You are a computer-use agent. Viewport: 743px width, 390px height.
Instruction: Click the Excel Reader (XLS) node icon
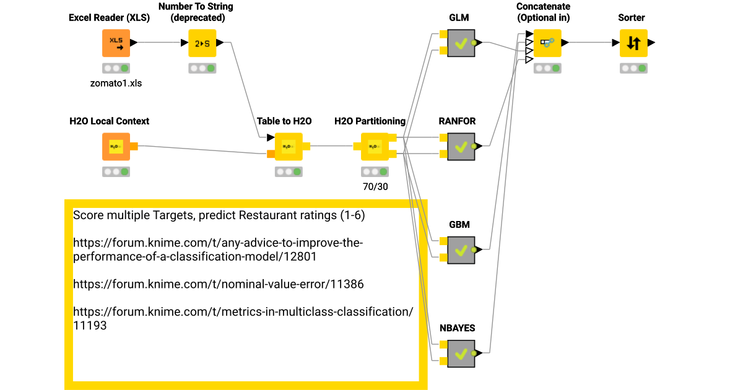(116, 43)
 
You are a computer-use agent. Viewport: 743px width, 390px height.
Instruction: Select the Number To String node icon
(202, 43)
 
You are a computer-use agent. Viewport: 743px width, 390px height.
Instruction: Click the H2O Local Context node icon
(116, 147)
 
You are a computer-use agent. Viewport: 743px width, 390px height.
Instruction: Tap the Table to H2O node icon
(289, 147)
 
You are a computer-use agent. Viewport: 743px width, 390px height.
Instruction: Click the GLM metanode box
(461, 43)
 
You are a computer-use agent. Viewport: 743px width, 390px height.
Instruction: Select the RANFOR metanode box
(461, 147)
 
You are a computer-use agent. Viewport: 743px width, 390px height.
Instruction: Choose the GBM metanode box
(461, 250)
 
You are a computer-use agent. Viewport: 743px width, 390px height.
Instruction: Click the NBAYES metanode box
(461, 353)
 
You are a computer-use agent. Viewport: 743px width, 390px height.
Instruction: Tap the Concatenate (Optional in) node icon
(547, 43)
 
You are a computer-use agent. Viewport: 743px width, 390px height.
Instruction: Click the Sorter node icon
(633, 43)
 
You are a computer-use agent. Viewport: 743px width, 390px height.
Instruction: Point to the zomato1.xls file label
(116, 82)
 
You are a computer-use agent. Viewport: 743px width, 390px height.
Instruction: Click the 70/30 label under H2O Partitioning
(375, 186)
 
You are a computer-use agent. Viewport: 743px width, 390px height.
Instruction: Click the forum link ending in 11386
(218, 284)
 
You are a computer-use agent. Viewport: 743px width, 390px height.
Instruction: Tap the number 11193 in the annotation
(90, 325)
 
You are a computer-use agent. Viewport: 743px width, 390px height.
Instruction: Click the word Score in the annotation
(88, 215)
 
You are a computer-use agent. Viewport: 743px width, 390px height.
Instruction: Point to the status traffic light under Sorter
(633, 68)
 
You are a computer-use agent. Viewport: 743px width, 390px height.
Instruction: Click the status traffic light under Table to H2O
(289, 171)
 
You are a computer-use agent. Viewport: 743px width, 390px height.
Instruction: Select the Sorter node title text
(632, 17)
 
